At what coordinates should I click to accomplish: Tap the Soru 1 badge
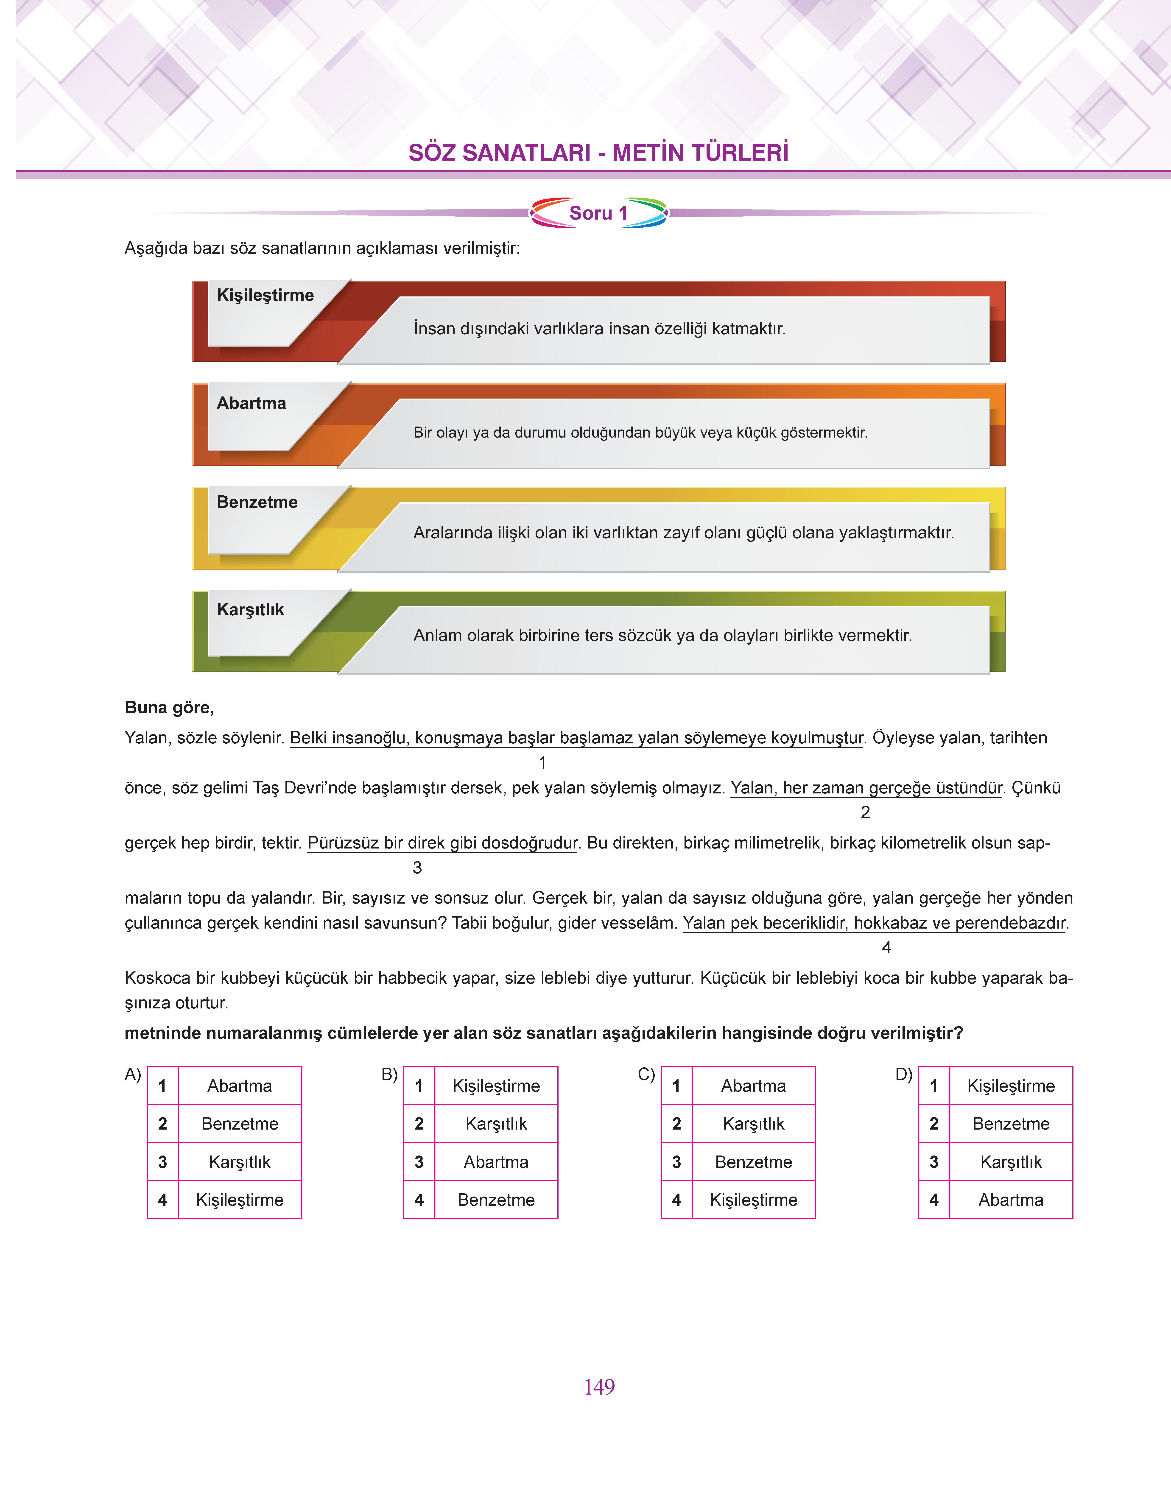[598, 213]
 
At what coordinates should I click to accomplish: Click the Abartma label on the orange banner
[252, 403]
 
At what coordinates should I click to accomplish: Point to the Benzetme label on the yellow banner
[257, 502]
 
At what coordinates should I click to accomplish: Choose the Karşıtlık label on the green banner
[250, 609]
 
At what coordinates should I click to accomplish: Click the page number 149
[599, 1387]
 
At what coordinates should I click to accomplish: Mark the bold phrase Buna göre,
[169, 708]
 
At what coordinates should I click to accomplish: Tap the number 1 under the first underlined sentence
[542, 762]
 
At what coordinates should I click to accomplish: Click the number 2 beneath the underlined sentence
[865, 812]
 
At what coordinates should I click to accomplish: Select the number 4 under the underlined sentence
[886, 948]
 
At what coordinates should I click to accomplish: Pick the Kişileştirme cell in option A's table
[239, 1200]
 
